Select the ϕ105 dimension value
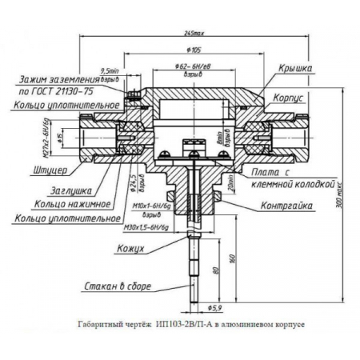[191, 50]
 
